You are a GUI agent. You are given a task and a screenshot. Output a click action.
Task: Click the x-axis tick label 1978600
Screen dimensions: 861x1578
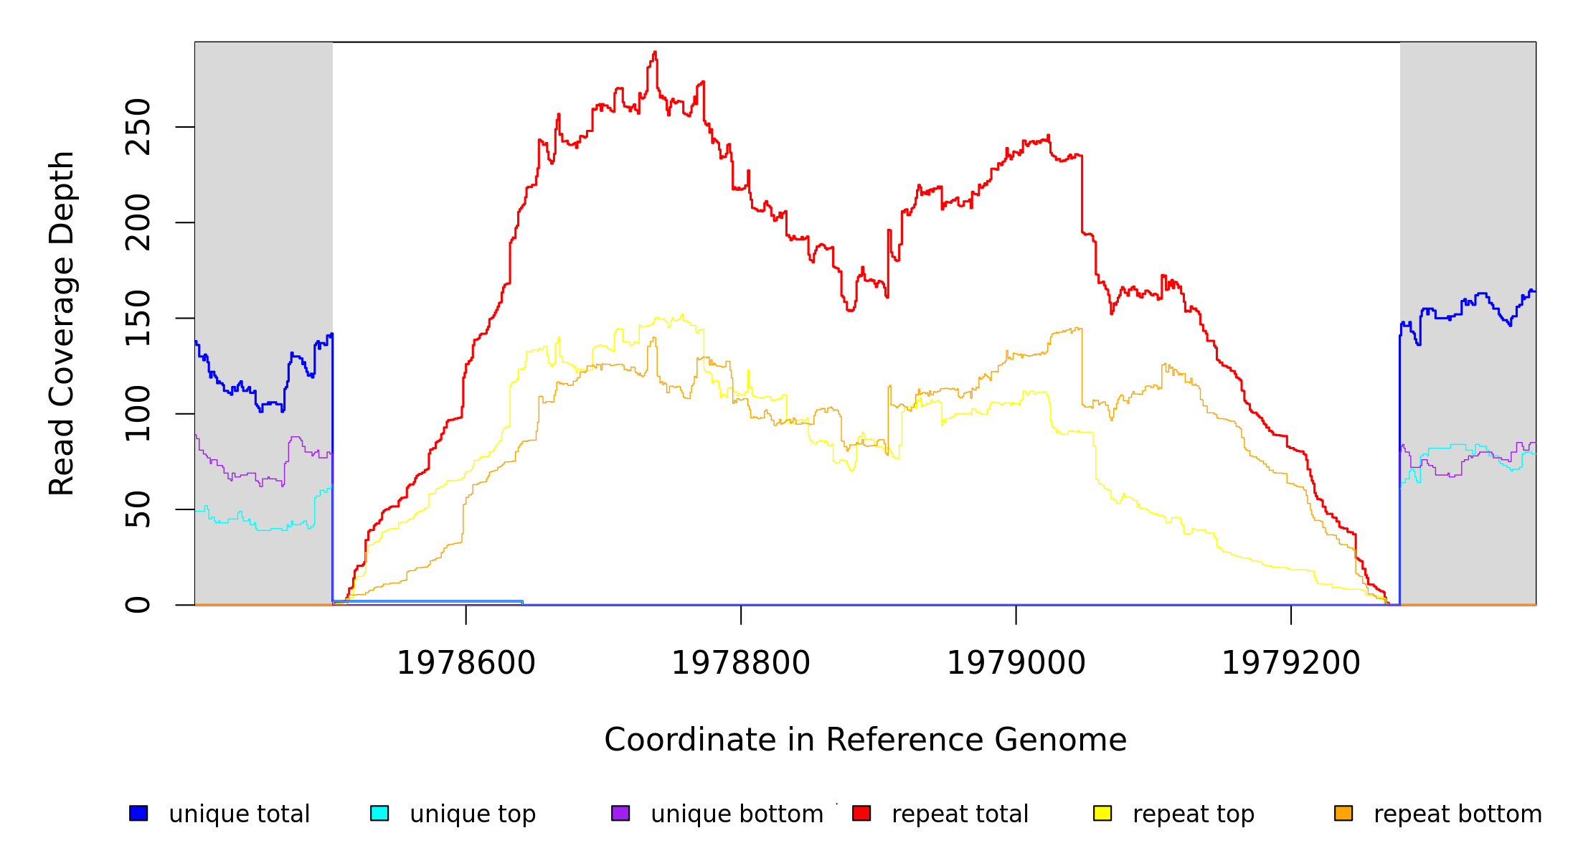[x=466, y=663]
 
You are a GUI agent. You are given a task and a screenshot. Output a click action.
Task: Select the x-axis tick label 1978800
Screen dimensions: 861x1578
[x=740, y=663]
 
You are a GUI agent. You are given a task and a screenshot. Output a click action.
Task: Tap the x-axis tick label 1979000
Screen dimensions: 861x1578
[x=1016, y=663]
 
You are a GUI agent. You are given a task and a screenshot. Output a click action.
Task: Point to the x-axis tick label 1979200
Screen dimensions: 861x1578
[x=1290, y=663]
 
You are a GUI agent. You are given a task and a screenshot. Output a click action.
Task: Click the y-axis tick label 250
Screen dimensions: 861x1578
[x=138, y=127]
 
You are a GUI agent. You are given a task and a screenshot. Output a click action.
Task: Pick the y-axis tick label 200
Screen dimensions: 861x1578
[x=138, y=222]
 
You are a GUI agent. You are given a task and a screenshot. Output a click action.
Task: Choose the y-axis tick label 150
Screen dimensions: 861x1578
[x=138, y=318]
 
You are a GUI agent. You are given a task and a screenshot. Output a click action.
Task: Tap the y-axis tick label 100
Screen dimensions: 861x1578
[x=138, y=413]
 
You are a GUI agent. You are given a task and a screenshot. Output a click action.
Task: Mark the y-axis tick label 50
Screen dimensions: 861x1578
[x=138, y=509]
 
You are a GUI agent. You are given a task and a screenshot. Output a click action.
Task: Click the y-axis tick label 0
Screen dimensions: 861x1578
[x=138, y=605]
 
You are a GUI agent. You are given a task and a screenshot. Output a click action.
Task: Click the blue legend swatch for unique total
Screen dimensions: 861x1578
[x=138, y=813]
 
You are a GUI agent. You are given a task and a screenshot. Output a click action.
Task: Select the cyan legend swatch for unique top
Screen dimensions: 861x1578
[x=379, y=813]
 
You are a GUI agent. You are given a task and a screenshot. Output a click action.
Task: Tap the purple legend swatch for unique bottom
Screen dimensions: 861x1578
[x=620, y=813]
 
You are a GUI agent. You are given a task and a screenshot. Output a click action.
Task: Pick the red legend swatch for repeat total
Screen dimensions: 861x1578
[x=861, y=813]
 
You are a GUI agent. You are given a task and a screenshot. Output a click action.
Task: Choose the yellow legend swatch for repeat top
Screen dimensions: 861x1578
[x=1102, y=813]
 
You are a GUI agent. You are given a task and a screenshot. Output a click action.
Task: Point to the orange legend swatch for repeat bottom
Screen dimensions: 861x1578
[x=1343, y=813]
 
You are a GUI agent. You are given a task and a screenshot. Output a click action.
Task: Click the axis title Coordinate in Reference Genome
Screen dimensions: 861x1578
[x=865, y=740]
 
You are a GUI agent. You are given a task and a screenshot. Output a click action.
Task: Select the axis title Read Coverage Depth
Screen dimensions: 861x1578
[x=62, y=323]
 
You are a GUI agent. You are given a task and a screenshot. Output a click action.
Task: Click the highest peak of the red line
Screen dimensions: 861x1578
[x=655, y=52]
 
